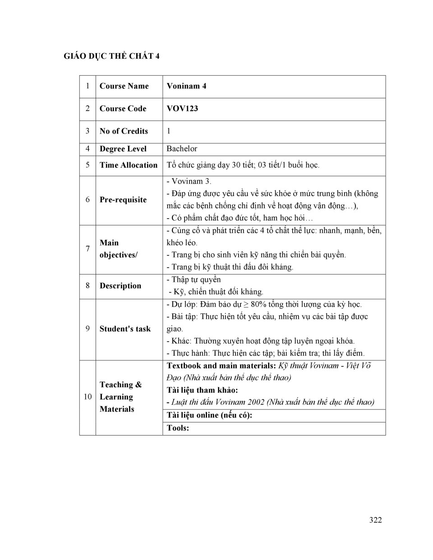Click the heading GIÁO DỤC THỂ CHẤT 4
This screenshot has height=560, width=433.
click(x=111, y=56)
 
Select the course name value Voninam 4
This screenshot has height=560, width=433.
click(x=186, y=86)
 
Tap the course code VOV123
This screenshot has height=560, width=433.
click(x=182, y=109)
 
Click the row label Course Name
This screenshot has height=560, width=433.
click(x=124, y=86)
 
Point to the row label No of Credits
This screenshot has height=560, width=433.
click(x=124, y=131)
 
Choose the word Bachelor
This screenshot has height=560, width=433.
click(x=182, y=149)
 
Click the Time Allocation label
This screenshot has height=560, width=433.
click(x=129, y=165)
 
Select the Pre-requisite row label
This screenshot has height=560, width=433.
click(x=123, y=200)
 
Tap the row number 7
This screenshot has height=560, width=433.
click(x=88, y=249)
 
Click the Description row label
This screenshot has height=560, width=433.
click(x=120, y=286)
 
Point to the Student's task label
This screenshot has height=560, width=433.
click(x=125, y=329)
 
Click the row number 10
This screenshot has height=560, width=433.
click(x=88, y=397)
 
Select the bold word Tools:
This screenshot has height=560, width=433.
click(x=178, y=428)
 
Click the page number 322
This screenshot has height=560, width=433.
click(x=375, y=520)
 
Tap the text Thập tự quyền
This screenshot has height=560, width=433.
click(x=196, y=280)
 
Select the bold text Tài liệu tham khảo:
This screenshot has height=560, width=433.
click(x=202, y=390)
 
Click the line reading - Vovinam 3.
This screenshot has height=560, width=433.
click(x=189, y=181)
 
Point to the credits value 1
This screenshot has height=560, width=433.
click(x=169, y=131)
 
